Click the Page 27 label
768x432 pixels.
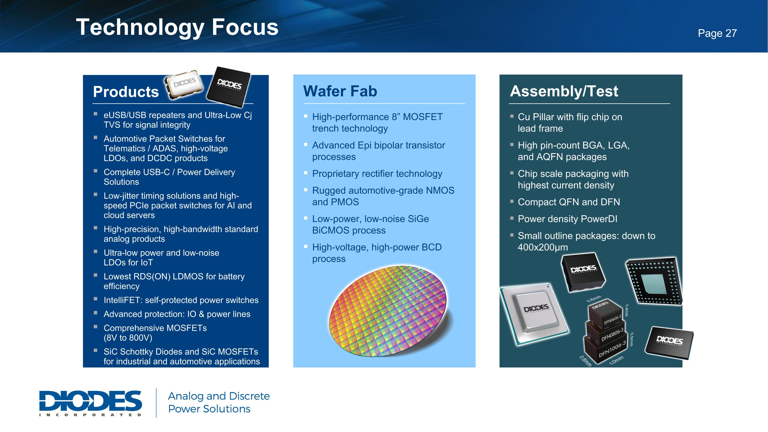click(717, 33)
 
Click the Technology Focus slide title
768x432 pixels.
click(177, 27)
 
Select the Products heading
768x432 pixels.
click(126, 91)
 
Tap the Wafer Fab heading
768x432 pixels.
click(340, 91)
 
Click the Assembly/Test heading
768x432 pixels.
click(564, 91)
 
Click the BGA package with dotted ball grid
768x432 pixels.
click(654, 281)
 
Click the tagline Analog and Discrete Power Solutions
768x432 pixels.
click(219, 403)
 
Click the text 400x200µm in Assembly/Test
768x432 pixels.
click(543, 247)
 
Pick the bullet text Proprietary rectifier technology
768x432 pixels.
click(377, 174)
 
